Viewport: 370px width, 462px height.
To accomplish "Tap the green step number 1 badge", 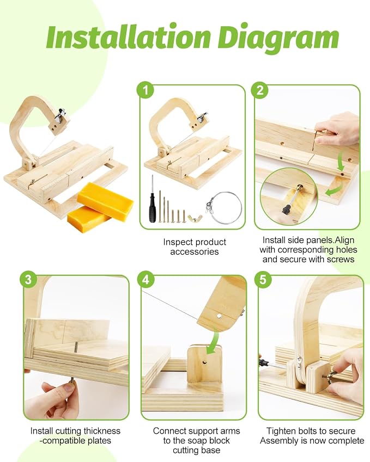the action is [x=145, y=90].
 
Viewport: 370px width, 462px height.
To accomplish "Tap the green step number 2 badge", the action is [x=260, y=90].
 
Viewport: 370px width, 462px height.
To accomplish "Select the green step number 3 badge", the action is [x=28, y=279].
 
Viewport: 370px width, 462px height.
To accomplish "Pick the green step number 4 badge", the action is [x=145, y=279].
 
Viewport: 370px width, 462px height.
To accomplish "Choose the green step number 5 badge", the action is [x=263, y=279].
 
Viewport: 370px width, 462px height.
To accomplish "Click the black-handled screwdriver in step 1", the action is [x=152, y=199].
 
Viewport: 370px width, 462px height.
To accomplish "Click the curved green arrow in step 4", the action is [x=213, y=342].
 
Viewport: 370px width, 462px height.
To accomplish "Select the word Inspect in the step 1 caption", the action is [x=178, y=242].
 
